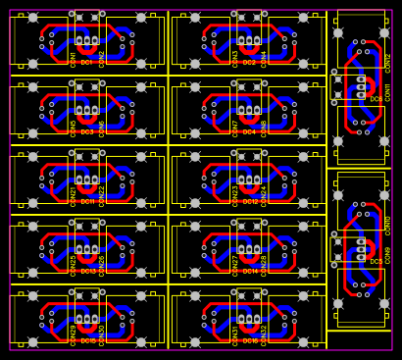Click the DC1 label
click(87, 62)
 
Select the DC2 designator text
click(249, 62)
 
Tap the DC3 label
click(87, 131)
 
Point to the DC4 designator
click(249, 131)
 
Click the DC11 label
click(87, 201)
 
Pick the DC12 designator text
click(250, 201)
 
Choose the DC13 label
click(87, 271)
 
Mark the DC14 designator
click(250, 271)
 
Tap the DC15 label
click(87, 340)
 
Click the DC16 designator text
click(250, 340)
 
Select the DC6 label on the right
click(377, 99)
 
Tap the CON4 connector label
click(264, 58)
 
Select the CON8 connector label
click(264, 128)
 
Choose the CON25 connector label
click(73, 267)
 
